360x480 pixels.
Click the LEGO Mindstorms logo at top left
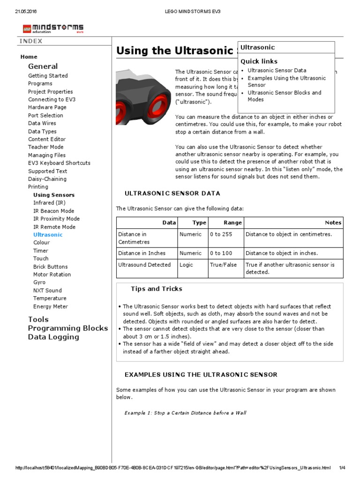click(x=53, y=29)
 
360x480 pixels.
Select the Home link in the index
click(x=29, y=57)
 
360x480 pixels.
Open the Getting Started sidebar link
click(x=48, y=75)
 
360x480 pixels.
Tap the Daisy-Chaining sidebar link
click(x=47, y=179)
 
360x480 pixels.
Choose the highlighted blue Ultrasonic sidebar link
click(x=48, y=234)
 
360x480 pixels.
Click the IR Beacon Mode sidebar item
click(x=53, y=211)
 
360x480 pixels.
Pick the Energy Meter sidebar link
click(x=51, y=307)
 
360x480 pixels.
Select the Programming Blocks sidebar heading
click(x=68, y=328)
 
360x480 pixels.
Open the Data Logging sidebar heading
click(x=53, y=337)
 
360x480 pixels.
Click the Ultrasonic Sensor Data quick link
click(x=277, y=70)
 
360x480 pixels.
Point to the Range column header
click(x=232, y=223)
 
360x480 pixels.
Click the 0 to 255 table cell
click(x=220, y=234)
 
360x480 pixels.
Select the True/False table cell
click(x=223, y=265)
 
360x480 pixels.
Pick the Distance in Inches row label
click(x=142, y=253)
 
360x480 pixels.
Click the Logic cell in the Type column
click(x=186, y=265)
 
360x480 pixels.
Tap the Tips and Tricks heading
click(x=157, y=289)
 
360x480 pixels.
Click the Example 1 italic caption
click(x=185, y=413)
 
